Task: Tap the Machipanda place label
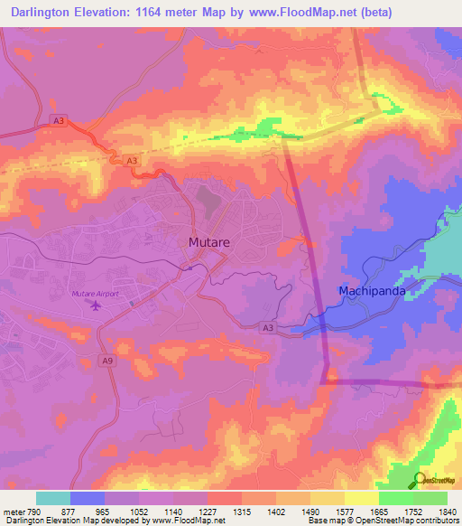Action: click(371, 291)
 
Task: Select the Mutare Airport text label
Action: click(94, 295)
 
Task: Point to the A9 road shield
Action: click(106, 361)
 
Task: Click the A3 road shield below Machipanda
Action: click(267, 328)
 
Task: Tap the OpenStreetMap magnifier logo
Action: click(420, 480)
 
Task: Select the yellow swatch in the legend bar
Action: click(361, 498)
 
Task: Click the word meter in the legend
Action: click(13, 511)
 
